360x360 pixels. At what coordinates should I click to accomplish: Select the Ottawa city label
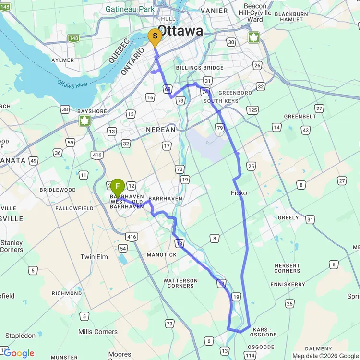pos(180,31)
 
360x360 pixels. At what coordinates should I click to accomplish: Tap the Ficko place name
pos(239,193)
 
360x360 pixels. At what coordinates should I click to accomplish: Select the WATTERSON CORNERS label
pos(180,283)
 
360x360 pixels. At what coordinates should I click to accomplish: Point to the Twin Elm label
pos(94,257)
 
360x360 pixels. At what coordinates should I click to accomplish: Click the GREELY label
pos(288,217)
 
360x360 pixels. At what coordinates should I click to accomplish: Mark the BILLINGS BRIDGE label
pos(200,68)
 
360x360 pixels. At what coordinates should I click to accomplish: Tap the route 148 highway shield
pos(73,38)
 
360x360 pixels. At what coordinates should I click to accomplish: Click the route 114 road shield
pos(250,355)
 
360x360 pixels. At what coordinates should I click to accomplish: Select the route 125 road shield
pos(252,110)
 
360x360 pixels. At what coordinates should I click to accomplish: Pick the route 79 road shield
pos(220,128)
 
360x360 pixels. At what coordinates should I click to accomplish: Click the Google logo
pos(19,353)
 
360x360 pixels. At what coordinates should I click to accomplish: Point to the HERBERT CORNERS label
pos(287,268)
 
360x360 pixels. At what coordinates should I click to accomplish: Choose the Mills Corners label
pos(98,332)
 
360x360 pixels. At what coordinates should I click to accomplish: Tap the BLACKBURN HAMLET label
pos(292,17)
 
